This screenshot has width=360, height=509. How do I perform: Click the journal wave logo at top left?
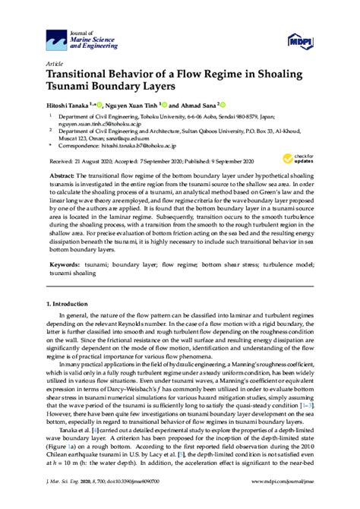click(x=56, y=36)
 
